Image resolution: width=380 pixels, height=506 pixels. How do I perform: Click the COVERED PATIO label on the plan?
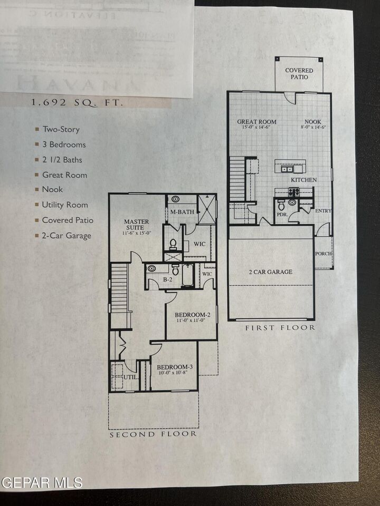click(299, 73)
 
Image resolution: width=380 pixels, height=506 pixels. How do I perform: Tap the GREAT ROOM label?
click(254, 121)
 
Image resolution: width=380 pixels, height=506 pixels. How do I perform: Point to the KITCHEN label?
click(303, 180)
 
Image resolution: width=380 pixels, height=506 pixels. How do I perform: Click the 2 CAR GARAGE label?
click(270, 272)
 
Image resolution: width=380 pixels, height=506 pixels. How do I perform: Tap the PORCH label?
click(324, 254)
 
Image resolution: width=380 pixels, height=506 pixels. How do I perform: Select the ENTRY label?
click(322, 211)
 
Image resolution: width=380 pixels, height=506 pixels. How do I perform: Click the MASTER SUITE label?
click(136, 225)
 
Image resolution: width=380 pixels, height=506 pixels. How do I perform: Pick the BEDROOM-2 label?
click(193, 315)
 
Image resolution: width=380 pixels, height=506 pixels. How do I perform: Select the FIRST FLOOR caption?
click(280, 328)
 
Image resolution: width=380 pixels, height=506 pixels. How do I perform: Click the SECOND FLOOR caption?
click(153, 434)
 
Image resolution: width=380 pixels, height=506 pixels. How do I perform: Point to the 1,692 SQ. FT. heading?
click(77, 103)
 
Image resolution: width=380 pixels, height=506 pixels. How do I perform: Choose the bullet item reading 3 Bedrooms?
click(63, 144)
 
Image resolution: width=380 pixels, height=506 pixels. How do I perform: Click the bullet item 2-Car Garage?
click(66, 236)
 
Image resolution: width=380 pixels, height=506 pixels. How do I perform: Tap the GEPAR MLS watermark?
click(42, 482)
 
